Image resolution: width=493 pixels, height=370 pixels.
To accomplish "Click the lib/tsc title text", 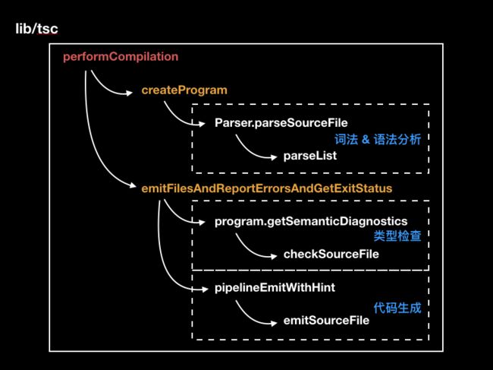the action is tap(37, 29).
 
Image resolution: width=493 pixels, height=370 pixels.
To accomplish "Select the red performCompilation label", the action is tap(121, 57).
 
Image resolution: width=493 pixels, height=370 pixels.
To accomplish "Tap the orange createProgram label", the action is tap(184, 90).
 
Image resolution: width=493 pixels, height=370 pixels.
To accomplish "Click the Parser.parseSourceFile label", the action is tap(281, 122).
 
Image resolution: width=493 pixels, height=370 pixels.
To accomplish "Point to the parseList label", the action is tap(310, 156).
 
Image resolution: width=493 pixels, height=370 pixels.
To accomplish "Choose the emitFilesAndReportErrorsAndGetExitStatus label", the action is tap(267, 188).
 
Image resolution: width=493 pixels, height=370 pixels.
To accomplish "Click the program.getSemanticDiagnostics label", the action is tap(311, 221).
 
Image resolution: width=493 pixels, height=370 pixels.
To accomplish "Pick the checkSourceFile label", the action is tap(331, 254).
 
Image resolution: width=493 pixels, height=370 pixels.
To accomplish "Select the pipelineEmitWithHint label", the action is tap(275, 287).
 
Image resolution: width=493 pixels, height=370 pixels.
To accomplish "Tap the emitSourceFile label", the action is tap(326, 321).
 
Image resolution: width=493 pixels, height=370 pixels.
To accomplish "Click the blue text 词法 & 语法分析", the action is tap(378, 139).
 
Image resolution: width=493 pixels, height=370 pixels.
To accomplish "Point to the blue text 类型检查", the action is tap(397, 236).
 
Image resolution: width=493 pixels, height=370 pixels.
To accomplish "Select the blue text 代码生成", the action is tap(397, 308).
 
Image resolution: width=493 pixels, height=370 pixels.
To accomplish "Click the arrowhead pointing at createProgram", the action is tap(129, 93).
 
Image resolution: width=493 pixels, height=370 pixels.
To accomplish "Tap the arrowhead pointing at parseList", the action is tap(274, 157).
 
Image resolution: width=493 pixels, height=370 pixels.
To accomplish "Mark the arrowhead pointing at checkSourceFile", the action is tap(274, 256).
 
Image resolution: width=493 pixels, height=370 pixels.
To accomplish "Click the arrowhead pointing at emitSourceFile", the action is tap(274, 323).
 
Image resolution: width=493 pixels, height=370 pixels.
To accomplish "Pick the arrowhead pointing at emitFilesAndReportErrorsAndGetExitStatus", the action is tap(133, 185).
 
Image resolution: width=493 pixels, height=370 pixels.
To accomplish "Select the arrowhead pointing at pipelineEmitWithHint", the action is tap(204, 289).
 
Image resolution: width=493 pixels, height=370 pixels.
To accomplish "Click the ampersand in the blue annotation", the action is tap(366, 139).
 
